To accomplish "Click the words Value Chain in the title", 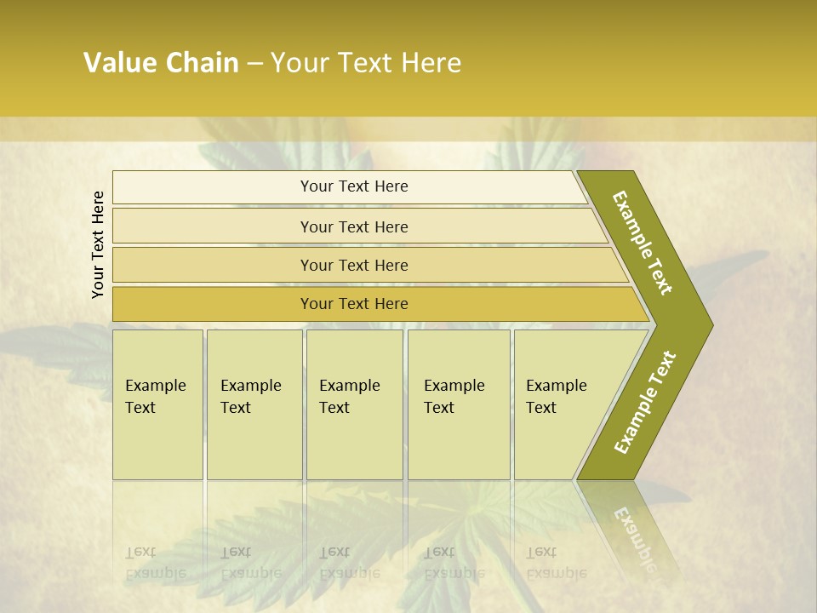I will click(x=161, y=63).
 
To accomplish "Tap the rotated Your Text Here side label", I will click(x=98, y=244).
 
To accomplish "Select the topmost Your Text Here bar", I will click(x=354, y=186).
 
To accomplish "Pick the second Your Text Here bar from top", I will click(x=354, y=226).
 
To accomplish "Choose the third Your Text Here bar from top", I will click(x=354, y=265).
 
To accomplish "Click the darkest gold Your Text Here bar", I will click(x=354, y=304).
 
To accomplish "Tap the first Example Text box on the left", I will click(x=157, y=404).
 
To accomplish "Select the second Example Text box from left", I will click(x=254, y=404).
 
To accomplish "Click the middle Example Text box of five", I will click(x=354, y=404).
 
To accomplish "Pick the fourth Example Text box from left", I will click(x=458, y=404).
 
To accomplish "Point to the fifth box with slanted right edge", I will click(x=562, y=404).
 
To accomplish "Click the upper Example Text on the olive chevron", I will click(x=643, y=243).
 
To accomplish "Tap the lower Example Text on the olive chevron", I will click(x=645, y=402).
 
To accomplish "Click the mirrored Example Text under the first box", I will click(x=155, y=563).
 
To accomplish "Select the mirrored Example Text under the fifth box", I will click(x=556, y=563).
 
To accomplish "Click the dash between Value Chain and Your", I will click(x=254, y=64).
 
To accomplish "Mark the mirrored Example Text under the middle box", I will click(x=349, y=563).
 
